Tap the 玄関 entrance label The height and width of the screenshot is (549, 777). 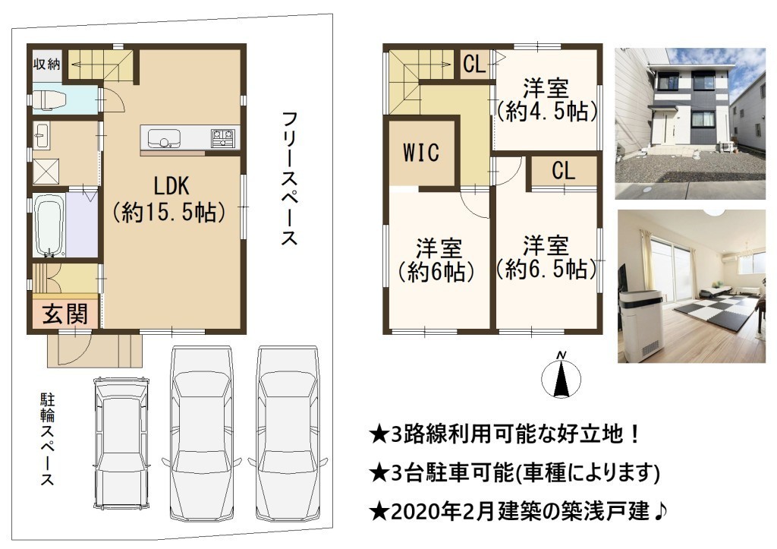pos(65,314)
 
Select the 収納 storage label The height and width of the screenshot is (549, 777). pos(47,64)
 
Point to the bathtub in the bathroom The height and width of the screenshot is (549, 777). pos(49,225)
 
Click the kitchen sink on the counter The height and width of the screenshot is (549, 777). pos(164,138)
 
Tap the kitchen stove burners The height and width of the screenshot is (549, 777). pos(222,138)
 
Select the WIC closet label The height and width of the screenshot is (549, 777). pos(421,153)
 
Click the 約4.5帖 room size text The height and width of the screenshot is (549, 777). pos(547,112)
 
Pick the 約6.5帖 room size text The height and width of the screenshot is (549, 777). pos(547,269)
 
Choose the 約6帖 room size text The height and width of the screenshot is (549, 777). pos(436,271)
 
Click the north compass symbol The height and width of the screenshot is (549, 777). pos(561,377)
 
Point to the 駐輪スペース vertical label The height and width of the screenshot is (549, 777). pos(47,440)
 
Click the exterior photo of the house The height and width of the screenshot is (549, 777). pos(690,124)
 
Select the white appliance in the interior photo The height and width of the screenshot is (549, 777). pos(641,326)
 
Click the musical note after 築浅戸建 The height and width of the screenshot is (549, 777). pos(661,511)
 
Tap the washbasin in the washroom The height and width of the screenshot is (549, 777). pos(41,135)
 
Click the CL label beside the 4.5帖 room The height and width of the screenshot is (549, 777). pos(474,64)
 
